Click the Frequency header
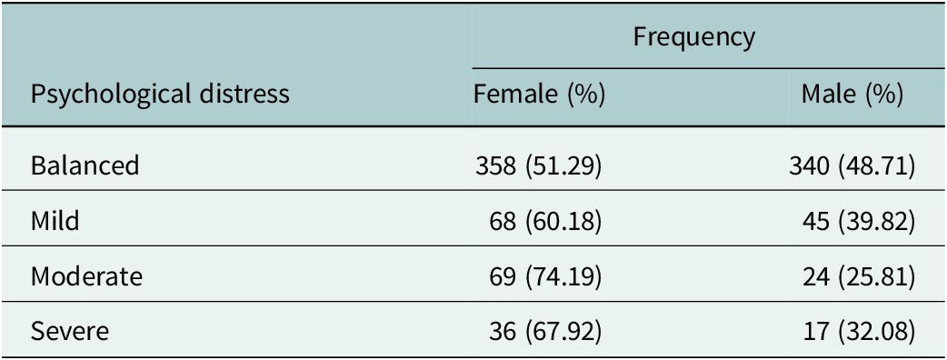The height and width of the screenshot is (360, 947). pyautogui.click(x=694, y=37)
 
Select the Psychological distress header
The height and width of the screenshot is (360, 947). pyautogui.click(x=160, y=95)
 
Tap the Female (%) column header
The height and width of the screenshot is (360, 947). pyautogui.click(x=539, y=95)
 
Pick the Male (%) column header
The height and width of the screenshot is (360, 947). pyautogui.click(x=852, y=95)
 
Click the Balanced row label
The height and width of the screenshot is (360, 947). pyautogui.click(x=85, y=165)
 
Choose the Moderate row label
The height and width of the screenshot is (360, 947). pyautogui.click(x=87, y=276)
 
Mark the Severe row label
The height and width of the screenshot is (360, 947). pyautogui.click(x=70, y=332)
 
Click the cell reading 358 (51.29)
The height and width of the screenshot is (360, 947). pyautogui.click(x=539, y=165)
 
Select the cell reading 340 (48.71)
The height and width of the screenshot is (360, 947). pyautogui.click(x=852, y=165)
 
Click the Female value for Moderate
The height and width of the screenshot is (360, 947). pyautogui.click(x=546, y=276)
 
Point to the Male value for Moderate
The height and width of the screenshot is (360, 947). pyautogui.click(x=860, y=276)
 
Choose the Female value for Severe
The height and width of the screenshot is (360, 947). pyautogui.click(x=546, y=332)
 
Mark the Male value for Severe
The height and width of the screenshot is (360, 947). pyautogui.click(x=860, y=332)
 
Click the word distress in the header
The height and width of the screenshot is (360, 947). pyautogui.click(x=247, y=95)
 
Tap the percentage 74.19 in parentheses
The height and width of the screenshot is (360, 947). pyautogui.click(x=563, y=276)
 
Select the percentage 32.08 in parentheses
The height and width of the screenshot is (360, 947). pyautogui.click(x=878, y=332)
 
